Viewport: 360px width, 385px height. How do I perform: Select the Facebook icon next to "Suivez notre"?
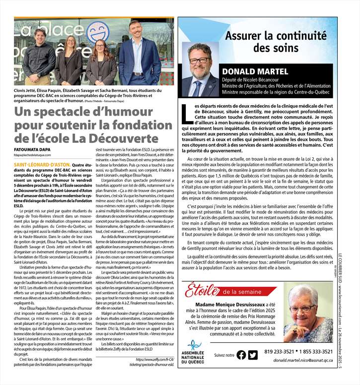point(241,355)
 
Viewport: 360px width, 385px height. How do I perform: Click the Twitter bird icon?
point(253,355)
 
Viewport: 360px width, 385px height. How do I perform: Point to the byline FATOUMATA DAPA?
point(32,149)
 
